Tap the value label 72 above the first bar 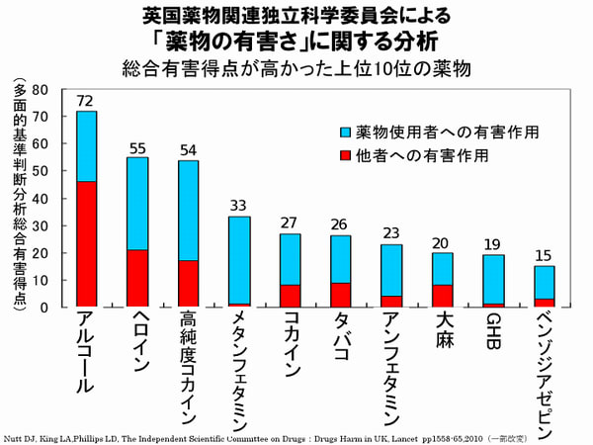(x=86, y=101)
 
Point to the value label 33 (x=239, y=206)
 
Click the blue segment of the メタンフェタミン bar (x=239, y=259)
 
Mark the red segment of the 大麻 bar (x=443, y=296)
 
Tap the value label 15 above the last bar (x=545, y=255)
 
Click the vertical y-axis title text (x=19, y=198)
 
